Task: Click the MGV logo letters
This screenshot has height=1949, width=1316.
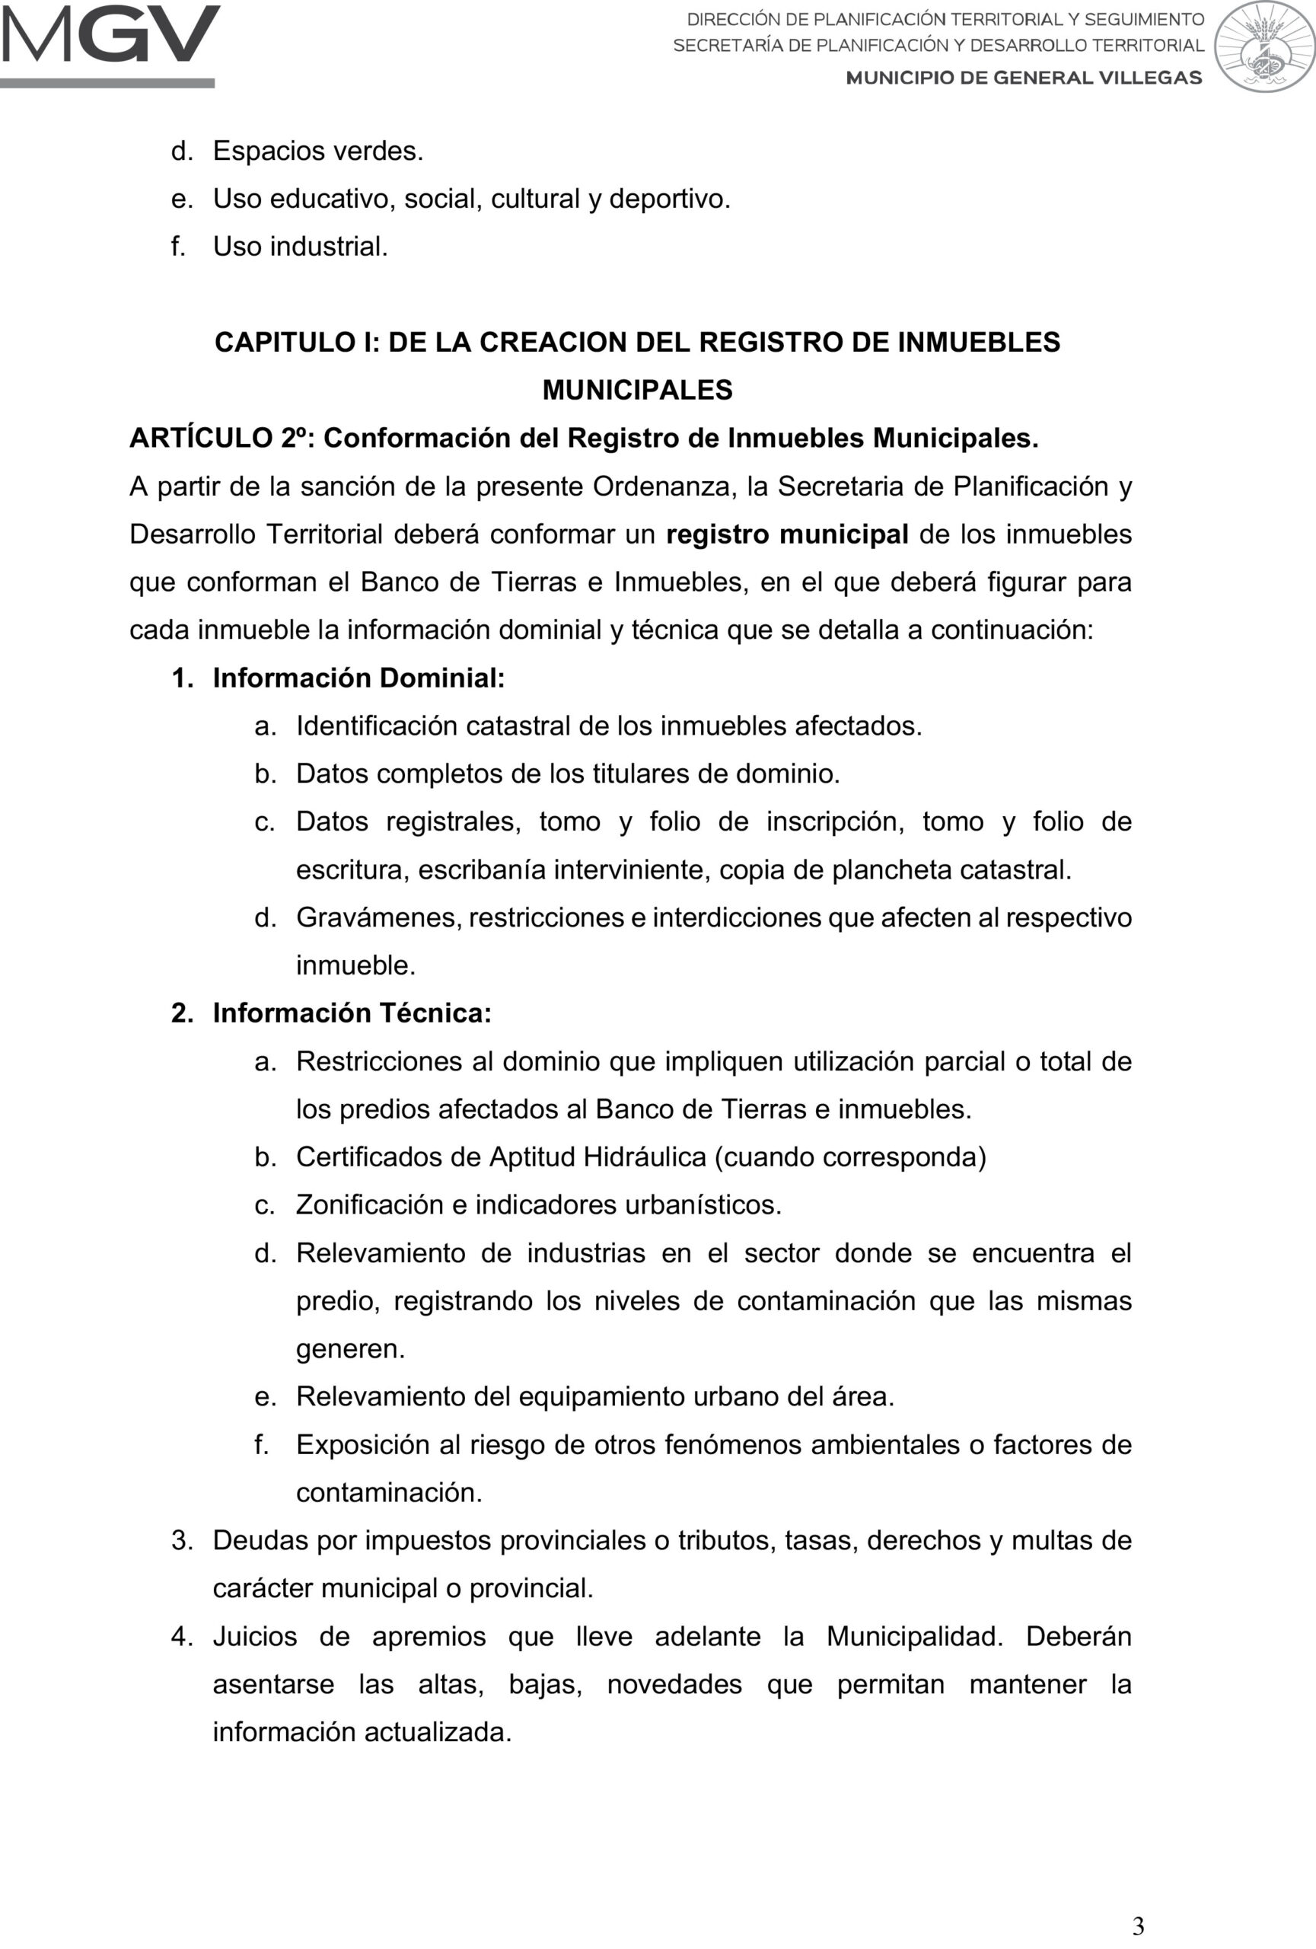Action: (x=110, y=35)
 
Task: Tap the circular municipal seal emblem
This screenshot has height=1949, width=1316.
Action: (x=1264, y=46)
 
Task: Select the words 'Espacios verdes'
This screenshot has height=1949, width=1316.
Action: (x=317, y=151)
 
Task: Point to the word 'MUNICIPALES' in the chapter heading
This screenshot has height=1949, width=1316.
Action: (x=637, y=390)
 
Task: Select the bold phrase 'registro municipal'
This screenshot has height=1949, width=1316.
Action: (x=786, y=534)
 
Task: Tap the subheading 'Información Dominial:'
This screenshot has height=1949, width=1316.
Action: (x=358, y=678)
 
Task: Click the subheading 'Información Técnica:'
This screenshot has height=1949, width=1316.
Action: (x=352, y=1013)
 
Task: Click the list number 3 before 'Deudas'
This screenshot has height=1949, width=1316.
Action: (x=181, y=1541)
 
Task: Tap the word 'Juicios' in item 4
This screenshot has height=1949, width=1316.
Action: (x=255, y=1636)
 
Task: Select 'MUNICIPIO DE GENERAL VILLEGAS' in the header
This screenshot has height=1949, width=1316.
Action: (x=1024, y=78)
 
